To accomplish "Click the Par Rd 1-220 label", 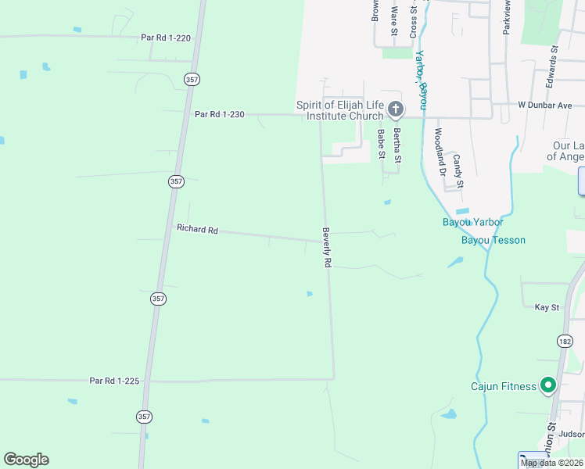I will pos(165,37).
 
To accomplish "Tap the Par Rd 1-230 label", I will pos(220,114).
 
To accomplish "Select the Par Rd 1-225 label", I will pos(114,381).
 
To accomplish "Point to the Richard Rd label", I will pos(197,229).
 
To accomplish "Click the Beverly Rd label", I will pos(326,249).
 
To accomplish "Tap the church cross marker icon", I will pos(396,109).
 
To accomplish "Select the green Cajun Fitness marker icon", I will pos(548,385).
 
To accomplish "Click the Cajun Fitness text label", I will pos(503,386).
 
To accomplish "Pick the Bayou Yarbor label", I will pos(473,223).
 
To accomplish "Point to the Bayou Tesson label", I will pos(493,240).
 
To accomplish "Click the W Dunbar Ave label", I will pos(545,105).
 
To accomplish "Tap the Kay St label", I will pos(547,307).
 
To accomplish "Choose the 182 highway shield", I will pos(565,341).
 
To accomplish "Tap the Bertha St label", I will pos(397,145).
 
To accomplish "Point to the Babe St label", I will pos(382,144).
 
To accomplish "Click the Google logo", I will pos(26,460).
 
